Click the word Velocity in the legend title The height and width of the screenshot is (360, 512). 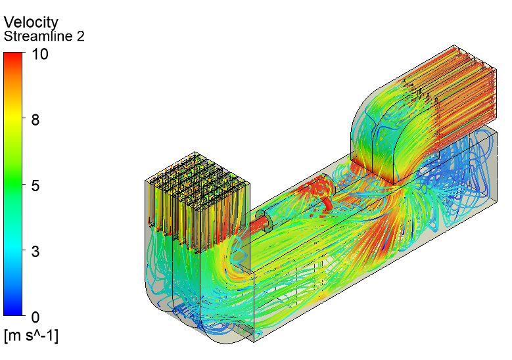[x=31, y=22]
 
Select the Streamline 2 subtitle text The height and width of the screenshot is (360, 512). [x=44, y=36]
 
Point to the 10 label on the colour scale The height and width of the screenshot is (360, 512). [x=40, y=54]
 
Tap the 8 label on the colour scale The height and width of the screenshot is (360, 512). [x=35, y=120]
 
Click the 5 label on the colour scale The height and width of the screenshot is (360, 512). [x=35, y=186]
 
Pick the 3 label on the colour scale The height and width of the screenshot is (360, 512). [x=35, y=252]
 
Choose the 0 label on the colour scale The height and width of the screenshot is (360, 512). [x=35, y=317]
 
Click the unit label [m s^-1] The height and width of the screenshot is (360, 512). [x=32, y=336]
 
